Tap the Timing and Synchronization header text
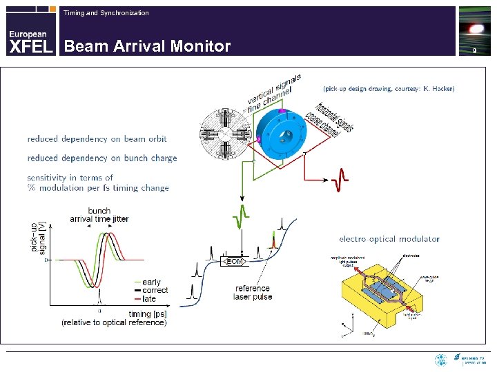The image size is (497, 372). [x=106, y=13]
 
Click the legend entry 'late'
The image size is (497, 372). [x=148, y=299]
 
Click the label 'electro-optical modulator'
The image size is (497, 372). [x=389, y=239]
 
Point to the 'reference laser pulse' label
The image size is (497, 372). [x=253, y=293]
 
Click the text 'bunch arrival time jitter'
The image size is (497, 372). [x=99, y=215]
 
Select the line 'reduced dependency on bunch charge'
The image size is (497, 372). [x=102, y=158]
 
